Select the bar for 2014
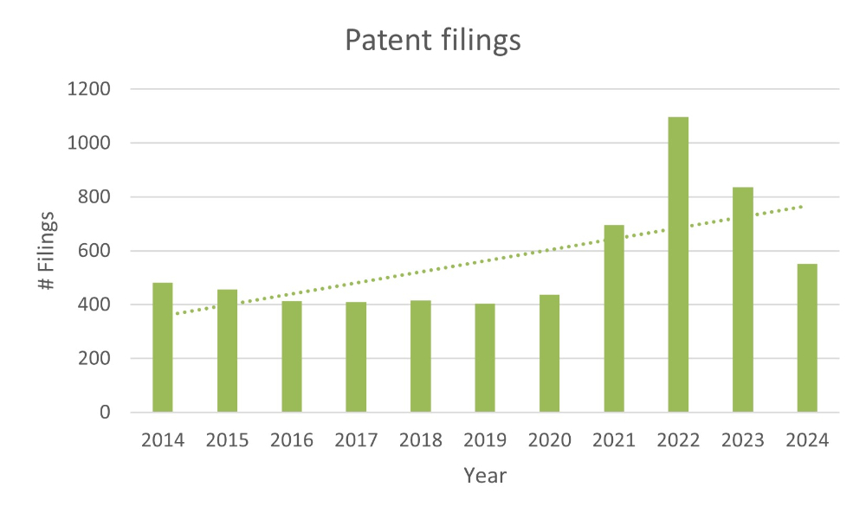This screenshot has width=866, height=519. (163, 347)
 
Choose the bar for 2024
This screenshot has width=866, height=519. (807, 337)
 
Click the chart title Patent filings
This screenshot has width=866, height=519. (432, 41)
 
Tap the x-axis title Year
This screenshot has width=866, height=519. (485, 475)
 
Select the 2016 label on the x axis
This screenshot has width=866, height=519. (292, 439)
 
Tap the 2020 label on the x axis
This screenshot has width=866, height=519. (549, 439)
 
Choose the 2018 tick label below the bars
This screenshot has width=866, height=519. (420, 439)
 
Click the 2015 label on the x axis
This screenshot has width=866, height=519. (227, 439)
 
